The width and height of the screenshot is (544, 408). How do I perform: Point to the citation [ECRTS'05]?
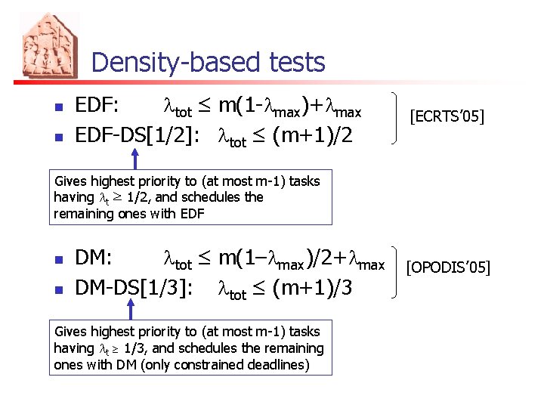click(446, 116)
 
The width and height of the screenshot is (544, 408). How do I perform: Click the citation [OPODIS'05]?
click(448, 267)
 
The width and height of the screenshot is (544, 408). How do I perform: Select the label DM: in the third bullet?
click(94, 258)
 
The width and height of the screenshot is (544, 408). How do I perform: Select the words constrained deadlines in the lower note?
click(265, 364)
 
